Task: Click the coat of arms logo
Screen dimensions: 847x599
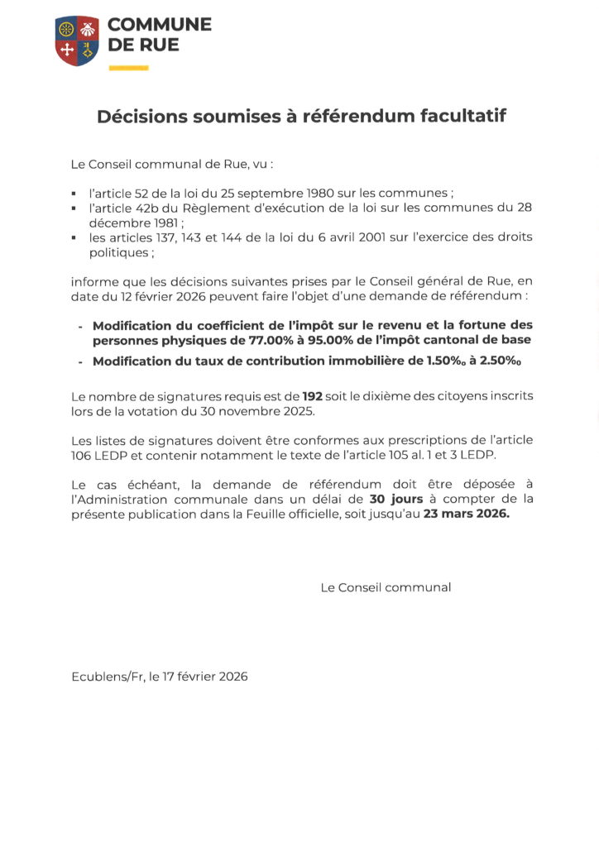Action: (77, 40)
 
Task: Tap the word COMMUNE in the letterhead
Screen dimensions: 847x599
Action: (160, 25)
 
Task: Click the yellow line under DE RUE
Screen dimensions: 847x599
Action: (128, 68)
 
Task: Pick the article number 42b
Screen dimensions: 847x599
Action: (150, 208)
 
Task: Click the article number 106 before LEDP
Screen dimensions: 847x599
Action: (83, 456)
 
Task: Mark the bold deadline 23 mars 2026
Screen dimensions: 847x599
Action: (467, 514)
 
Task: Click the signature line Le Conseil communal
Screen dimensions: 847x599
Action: (386, 587)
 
